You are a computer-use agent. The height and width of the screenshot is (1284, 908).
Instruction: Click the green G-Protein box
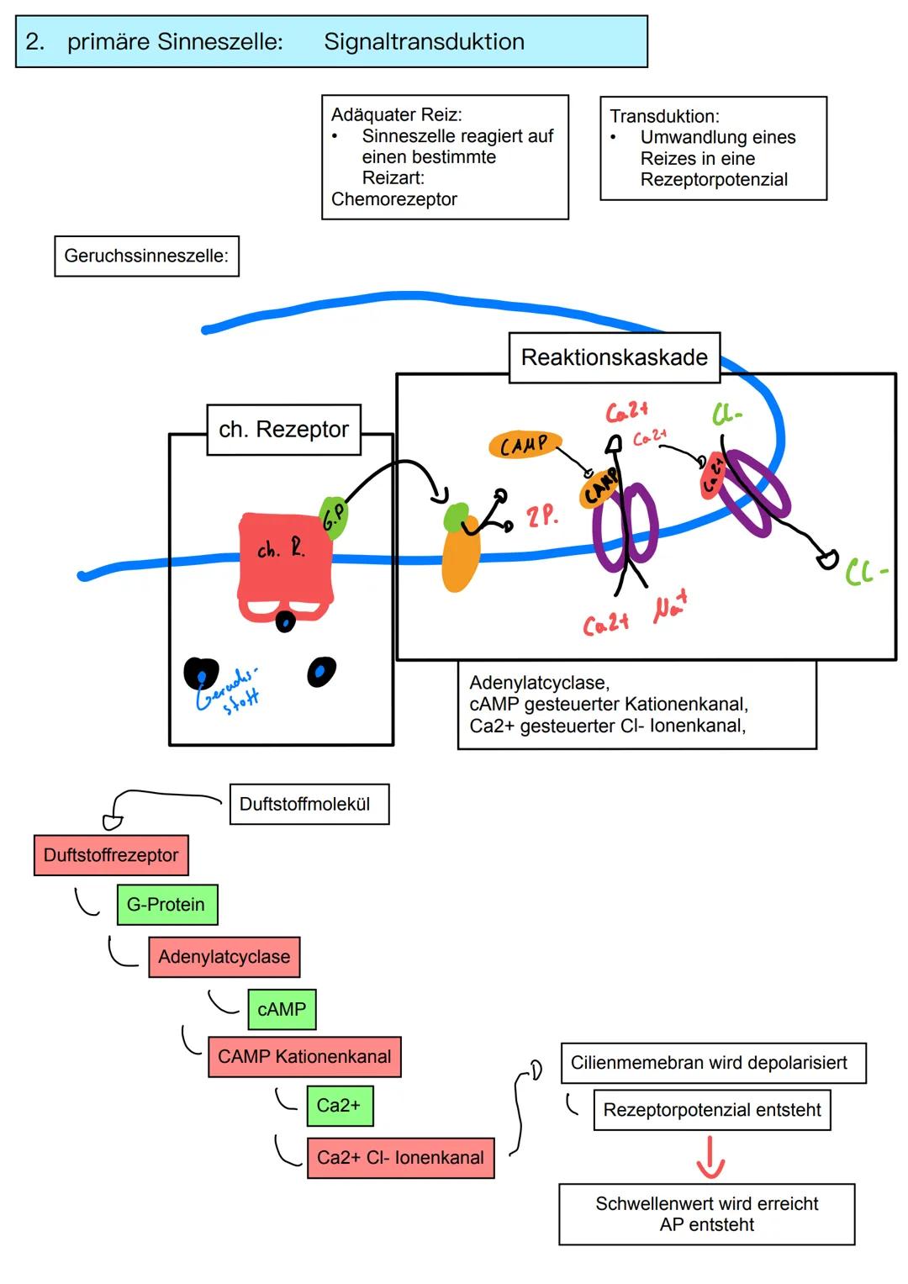(x=166, y=905)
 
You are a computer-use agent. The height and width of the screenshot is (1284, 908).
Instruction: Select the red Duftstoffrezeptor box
(x=111, y=855)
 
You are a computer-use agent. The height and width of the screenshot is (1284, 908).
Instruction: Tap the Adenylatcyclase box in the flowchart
(x=224, y=957)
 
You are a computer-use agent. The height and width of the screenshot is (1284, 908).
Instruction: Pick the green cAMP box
(x=282, y=1009)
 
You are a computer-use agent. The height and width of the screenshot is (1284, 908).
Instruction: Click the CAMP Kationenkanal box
(x=304, y=1057)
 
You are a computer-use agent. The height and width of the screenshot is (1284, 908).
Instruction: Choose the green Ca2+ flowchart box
(x=339, y=1106)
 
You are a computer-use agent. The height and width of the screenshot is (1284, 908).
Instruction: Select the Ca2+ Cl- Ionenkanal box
(x=400, y=1158)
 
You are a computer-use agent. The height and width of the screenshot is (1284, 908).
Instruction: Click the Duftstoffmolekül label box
(x=309, y=804)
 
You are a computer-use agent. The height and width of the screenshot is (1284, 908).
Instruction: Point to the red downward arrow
(x=710, y=1158)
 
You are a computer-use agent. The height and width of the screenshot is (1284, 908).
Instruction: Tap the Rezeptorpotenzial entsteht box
(x=711, y=1110)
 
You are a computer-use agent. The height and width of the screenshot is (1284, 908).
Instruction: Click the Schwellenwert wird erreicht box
(x=706, y=1214)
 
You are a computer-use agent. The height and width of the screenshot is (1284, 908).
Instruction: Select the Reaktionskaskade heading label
(x=614, y=357)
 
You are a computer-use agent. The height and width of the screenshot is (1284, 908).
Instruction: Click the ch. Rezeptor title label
(x=283, y=430)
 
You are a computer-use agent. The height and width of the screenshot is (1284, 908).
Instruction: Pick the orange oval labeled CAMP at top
(x=524, y=445)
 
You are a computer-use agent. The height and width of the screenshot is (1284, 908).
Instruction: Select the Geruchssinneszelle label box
(x=146, y=256)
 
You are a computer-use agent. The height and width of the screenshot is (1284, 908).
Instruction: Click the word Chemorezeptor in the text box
(x=393, y=199)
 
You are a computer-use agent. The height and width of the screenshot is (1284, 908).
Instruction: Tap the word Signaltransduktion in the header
(x=424, y=41)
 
